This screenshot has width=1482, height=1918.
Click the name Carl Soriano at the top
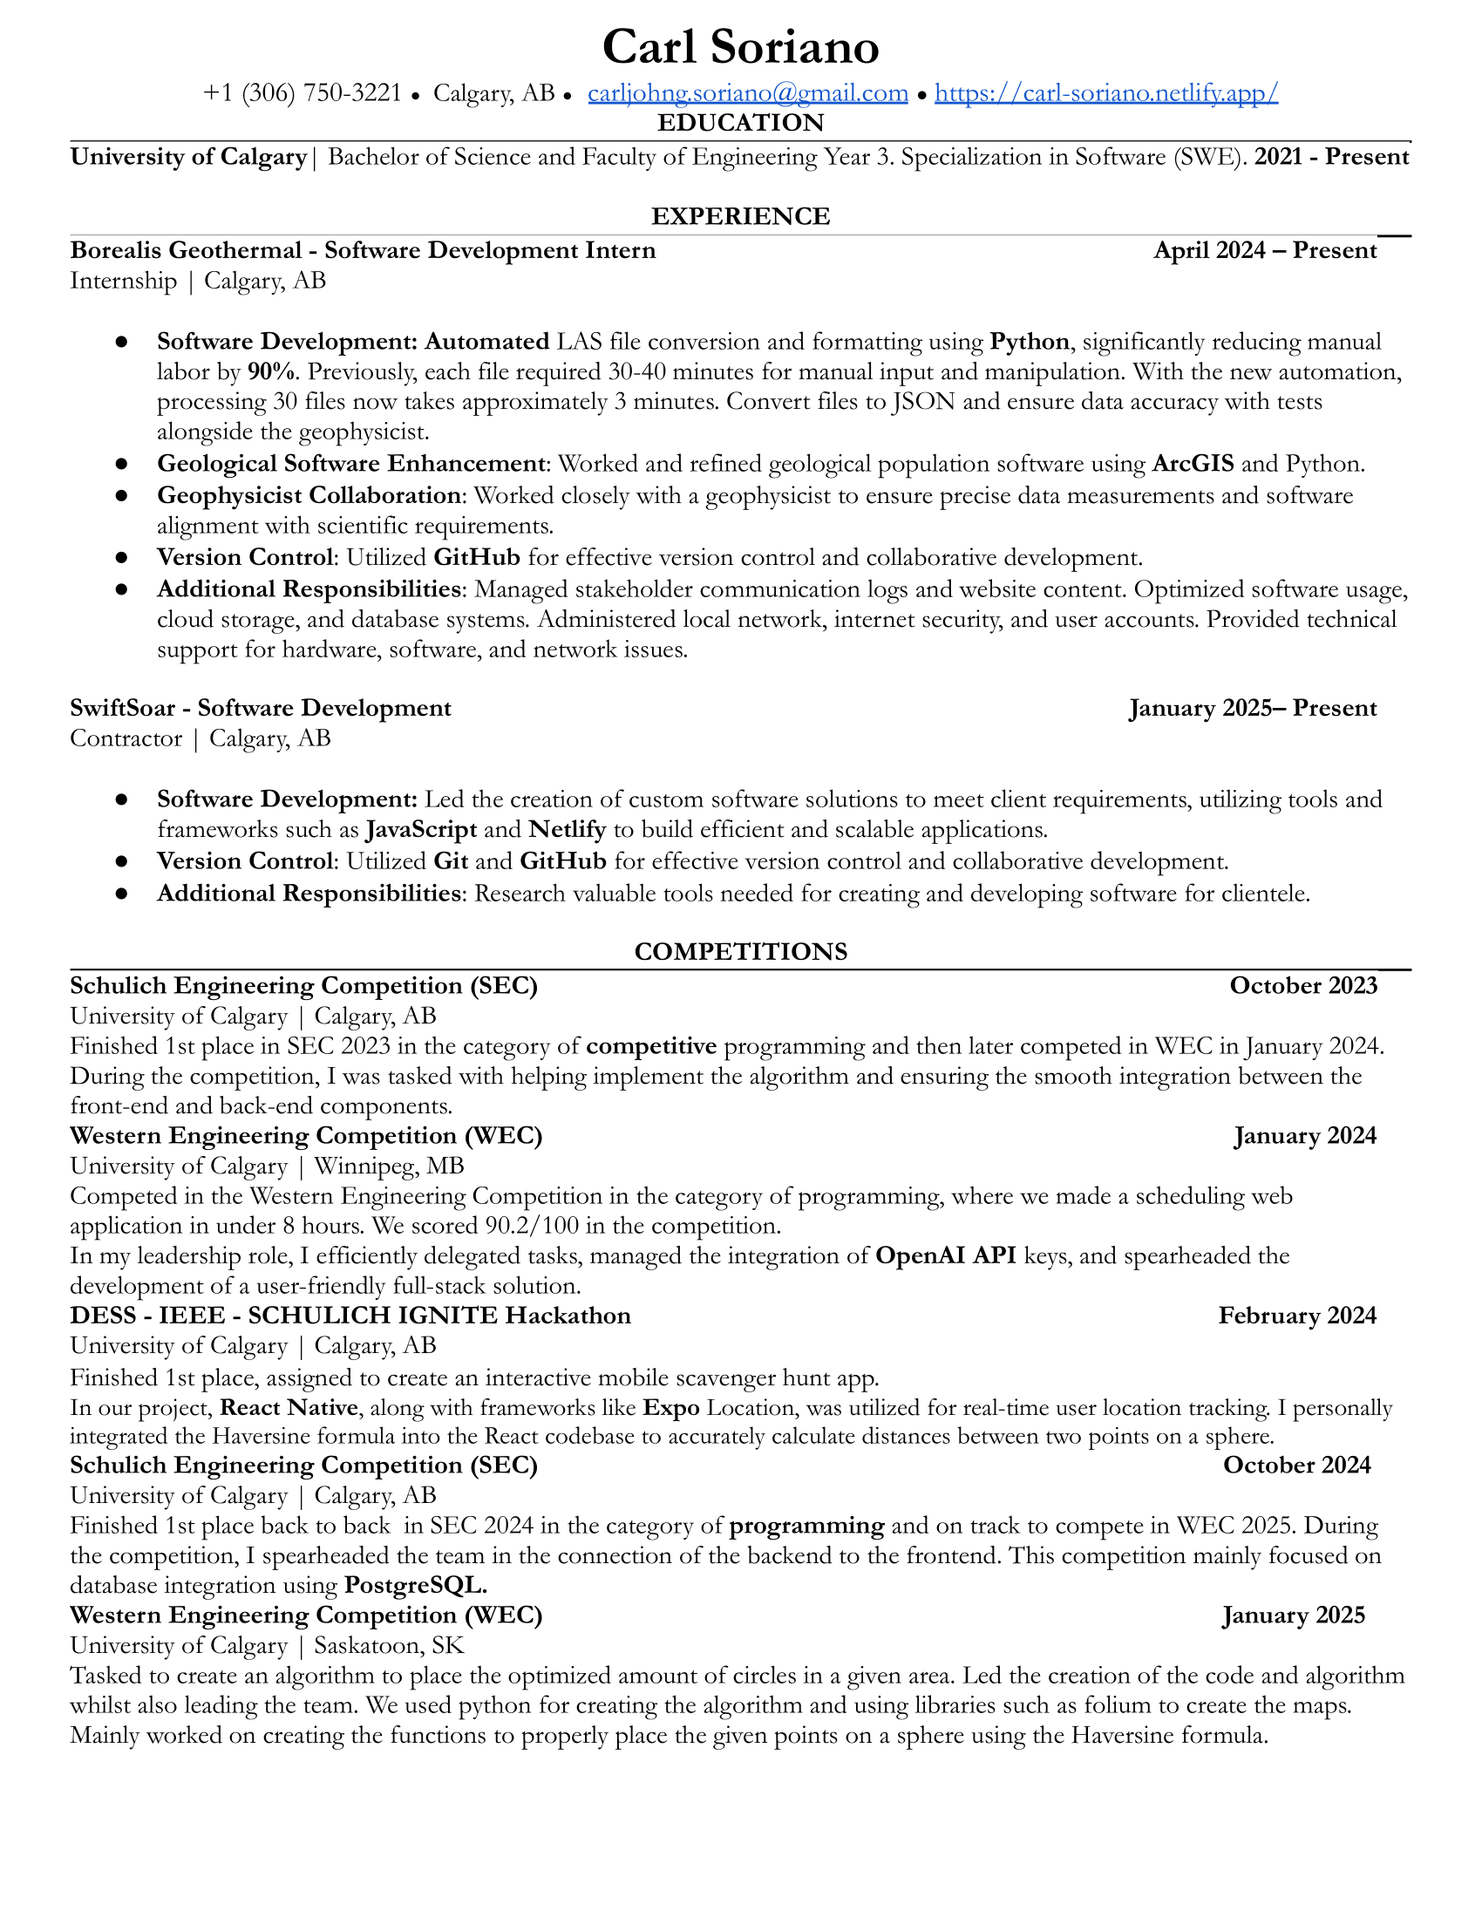tap(740, 47)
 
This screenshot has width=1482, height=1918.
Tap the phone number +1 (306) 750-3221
tap(302, 93)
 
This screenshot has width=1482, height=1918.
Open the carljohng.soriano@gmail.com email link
tap(748, 93)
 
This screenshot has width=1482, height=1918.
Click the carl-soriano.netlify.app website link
tap(1106, 93)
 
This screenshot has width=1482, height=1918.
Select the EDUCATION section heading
tap(740, 123)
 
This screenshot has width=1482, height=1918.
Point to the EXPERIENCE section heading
tap(740, 216)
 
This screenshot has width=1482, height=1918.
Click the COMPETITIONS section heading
tap(740, 952)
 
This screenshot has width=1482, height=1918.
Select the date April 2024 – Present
tap(1265, 251)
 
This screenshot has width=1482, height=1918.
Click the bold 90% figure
tap(270, 372)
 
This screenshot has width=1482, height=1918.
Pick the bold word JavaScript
tap(421, 830)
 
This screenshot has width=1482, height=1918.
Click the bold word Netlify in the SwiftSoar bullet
tap(568, 830)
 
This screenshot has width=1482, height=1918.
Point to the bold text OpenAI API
tap(946, 1255)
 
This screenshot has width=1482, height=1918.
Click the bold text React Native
tap(289, 1408)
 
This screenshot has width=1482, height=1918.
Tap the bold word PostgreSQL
tap(414, 1585)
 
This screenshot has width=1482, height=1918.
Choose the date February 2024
tap(1297, 1316)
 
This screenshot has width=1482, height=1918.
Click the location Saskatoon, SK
tap(389, 1646)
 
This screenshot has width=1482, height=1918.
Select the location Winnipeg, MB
tap(389, 1166)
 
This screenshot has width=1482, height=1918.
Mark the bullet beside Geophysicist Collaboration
tap(122, 496)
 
